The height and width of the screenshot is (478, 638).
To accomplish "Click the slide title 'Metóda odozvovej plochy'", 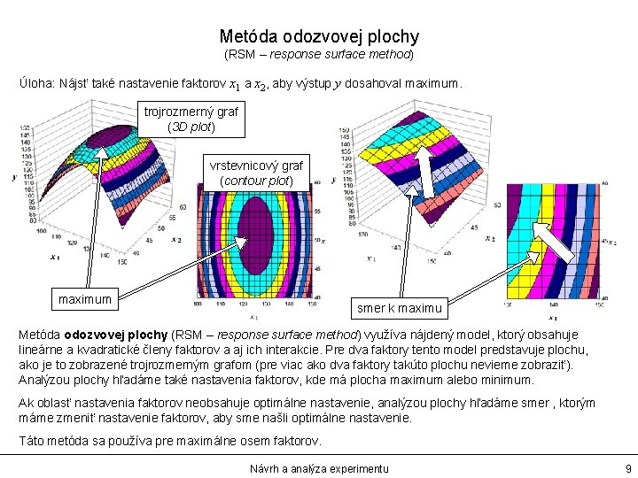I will (319, 37).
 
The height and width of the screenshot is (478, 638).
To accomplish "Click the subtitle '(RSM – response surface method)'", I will (319, 55).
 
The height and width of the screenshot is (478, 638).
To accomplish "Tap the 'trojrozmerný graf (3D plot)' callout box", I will (191, 119).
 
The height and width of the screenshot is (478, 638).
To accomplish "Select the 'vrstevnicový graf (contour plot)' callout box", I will (255, 173).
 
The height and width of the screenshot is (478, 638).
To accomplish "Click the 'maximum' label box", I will (85, 299).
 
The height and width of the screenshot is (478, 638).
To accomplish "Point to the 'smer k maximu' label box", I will (399, 309).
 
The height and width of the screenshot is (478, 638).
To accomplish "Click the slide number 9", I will (627, 467).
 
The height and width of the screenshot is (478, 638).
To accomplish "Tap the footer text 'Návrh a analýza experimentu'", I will (319, 467).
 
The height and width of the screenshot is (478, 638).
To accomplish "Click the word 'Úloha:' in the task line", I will (36, 86).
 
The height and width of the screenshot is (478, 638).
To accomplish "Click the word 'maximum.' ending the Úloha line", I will (432, 86).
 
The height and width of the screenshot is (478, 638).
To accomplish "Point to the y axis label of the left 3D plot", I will (14, 177).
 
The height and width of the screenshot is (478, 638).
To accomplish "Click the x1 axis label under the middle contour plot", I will (253, 317).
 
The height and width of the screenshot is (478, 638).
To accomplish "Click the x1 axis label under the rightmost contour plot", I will (552, 317).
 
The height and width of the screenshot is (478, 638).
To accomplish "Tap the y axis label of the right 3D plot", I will (332, 180).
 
